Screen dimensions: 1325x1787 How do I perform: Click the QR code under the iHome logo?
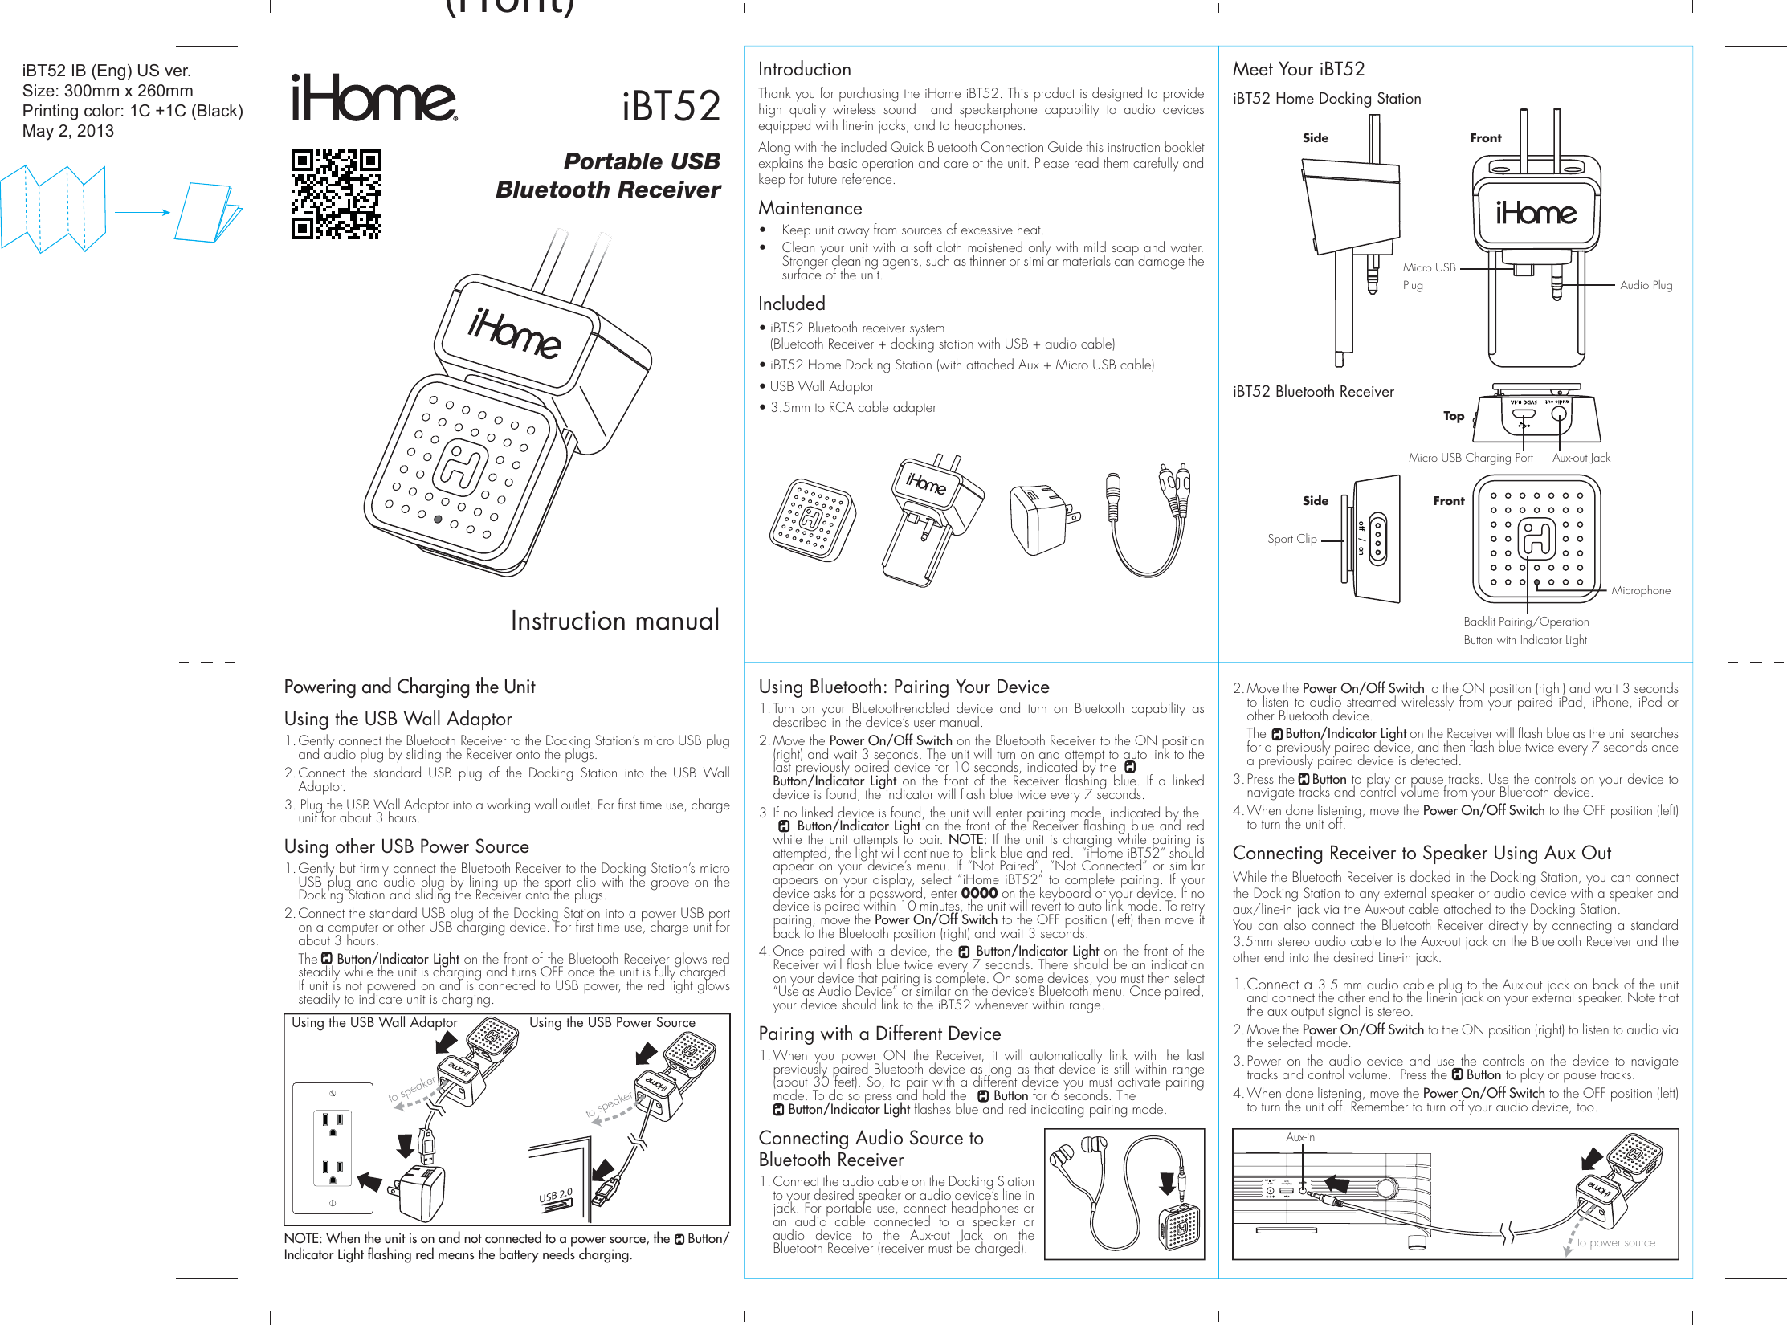click(336, 194)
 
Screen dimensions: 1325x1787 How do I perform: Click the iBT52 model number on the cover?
click(671, 107)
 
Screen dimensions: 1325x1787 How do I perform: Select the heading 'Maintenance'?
click(810, 209)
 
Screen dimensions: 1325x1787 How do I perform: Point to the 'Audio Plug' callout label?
click(1646, 285)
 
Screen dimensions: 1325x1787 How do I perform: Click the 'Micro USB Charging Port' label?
click(1470, 458)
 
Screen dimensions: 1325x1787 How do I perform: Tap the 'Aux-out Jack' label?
click(1581, 458)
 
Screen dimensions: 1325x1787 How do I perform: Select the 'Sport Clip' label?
click(1291, 539)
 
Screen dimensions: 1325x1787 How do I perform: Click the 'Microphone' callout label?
click(1640, 590)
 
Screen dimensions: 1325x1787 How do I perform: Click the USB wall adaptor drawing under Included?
click(1042, 518)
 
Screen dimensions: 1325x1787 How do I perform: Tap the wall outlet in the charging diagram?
click(333, 1148)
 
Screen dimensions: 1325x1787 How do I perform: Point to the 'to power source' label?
click(1615, 1242)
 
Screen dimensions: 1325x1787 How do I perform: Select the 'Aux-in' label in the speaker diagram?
click(1299, 1137)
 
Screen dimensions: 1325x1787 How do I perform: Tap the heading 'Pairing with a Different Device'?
click(879, 1034)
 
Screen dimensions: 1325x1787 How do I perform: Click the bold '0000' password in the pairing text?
click(979, 893)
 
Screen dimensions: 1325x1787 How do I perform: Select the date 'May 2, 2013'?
click(68, 131)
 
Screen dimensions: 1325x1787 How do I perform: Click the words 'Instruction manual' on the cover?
click(614, 621)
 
